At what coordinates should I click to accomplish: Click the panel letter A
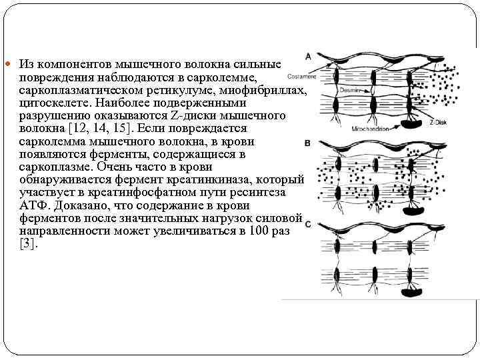tap(308, 55)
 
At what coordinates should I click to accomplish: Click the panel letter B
tap(308, 143)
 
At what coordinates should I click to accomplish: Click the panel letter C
tap(308, 225)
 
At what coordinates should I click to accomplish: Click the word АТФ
tap(33, 206)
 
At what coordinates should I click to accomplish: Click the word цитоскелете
tap(52, 103)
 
